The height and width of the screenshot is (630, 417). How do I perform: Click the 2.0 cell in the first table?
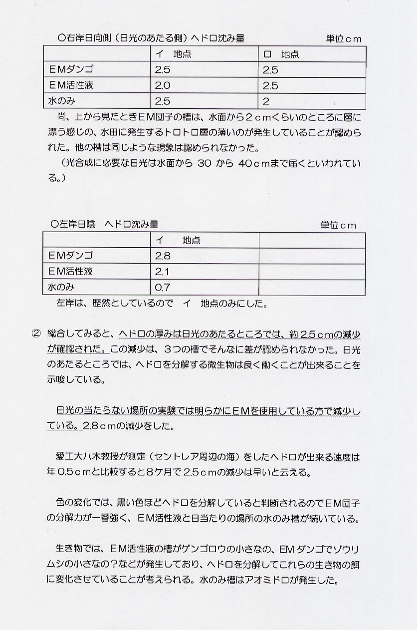(163, 85)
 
